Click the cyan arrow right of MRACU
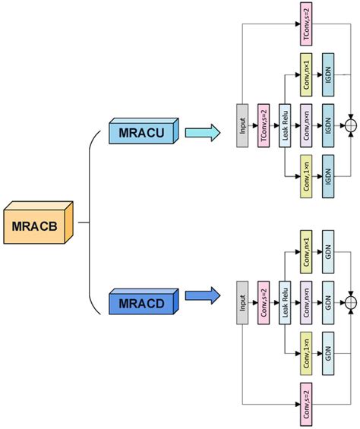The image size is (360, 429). (203, 133)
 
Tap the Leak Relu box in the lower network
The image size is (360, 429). (285, 297)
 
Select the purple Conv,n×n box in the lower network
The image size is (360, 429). (306, 297)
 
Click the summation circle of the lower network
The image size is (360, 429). (351, 297)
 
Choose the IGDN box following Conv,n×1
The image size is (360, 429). (328, 74)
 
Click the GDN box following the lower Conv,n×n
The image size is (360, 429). (328, 297)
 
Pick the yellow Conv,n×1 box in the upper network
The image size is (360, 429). (306, 74)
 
